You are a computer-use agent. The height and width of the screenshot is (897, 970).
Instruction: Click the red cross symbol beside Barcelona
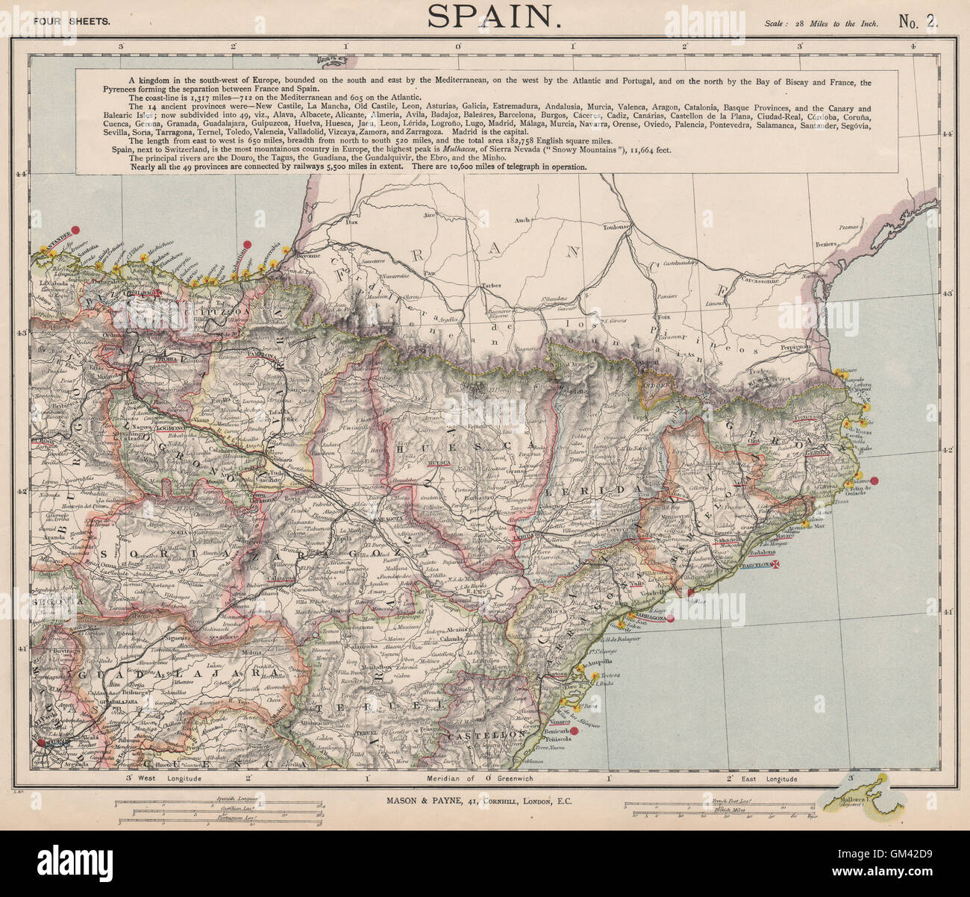tap(777, 565)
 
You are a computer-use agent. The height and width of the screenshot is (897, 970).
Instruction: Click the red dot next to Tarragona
tap(670, 619)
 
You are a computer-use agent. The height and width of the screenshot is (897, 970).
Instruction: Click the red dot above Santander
tap(74, 231)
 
